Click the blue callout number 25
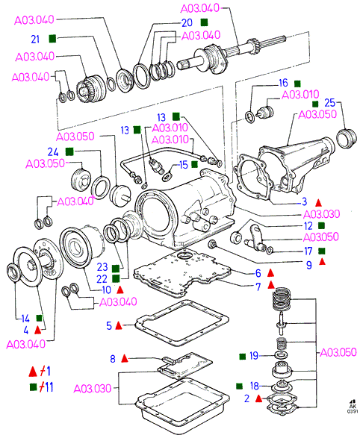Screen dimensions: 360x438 [329, 103]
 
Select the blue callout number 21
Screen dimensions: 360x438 [35, 39]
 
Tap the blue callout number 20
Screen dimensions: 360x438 [187, 23]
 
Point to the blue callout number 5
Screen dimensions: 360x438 [109, 325]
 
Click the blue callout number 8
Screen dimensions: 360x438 [113, 359]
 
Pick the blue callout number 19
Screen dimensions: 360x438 [254, 356]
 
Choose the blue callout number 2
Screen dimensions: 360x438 [246, 398]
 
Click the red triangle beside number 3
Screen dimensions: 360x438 [318, 202]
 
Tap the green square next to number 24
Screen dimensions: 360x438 [69, 151]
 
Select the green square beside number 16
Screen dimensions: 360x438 [297, 84]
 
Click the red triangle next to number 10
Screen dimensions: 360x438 [120, 290]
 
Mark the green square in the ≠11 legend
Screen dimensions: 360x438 [34, 387]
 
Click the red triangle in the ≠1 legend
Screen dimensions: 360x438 [33, 372]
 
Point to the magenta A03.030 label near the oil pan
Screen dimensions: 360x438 [93, 388]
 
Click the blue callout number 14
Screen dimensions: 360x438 [25, 319]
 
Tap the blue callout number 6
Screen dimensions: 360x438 [258, 273]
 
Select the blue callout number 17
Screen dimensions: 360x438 [308, 251]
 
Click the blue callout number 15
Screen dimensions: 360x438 [183, 165]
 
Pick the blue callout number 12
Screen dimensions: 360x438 [308, 225]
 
